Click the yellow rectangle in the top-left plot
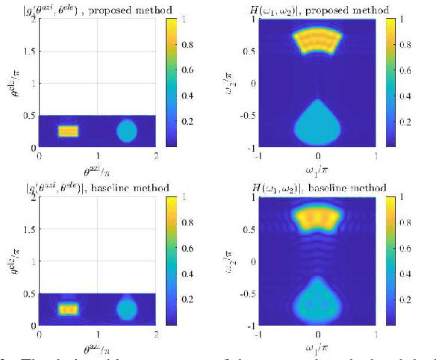tap(68, 131)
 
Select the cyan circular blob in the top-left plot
tap(127, 131)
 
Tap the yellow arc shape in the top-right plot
tap(318, 43)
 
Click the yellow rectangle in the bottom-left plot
tap(68, 308)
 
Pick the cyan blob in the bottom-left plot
tap(127, 308)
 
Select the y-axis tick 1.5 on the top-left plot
tap(28, 51)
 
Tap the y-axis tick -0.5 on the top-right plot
tap(249, 115)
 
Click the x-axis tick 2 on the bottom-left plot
tap(155, 332)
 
